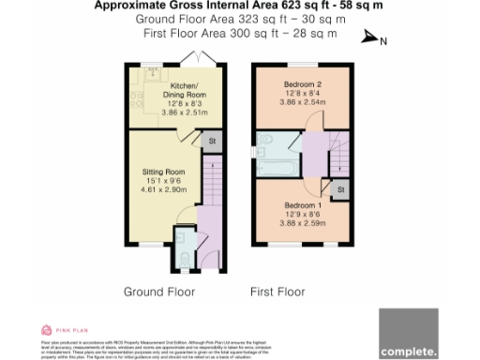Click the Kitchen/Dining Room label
(x=170, y=89)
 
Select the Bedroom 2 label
(x=303, y=84)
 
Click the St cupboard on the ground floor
(x=211, y=142)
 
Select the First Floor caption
(x=277, y=292)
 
